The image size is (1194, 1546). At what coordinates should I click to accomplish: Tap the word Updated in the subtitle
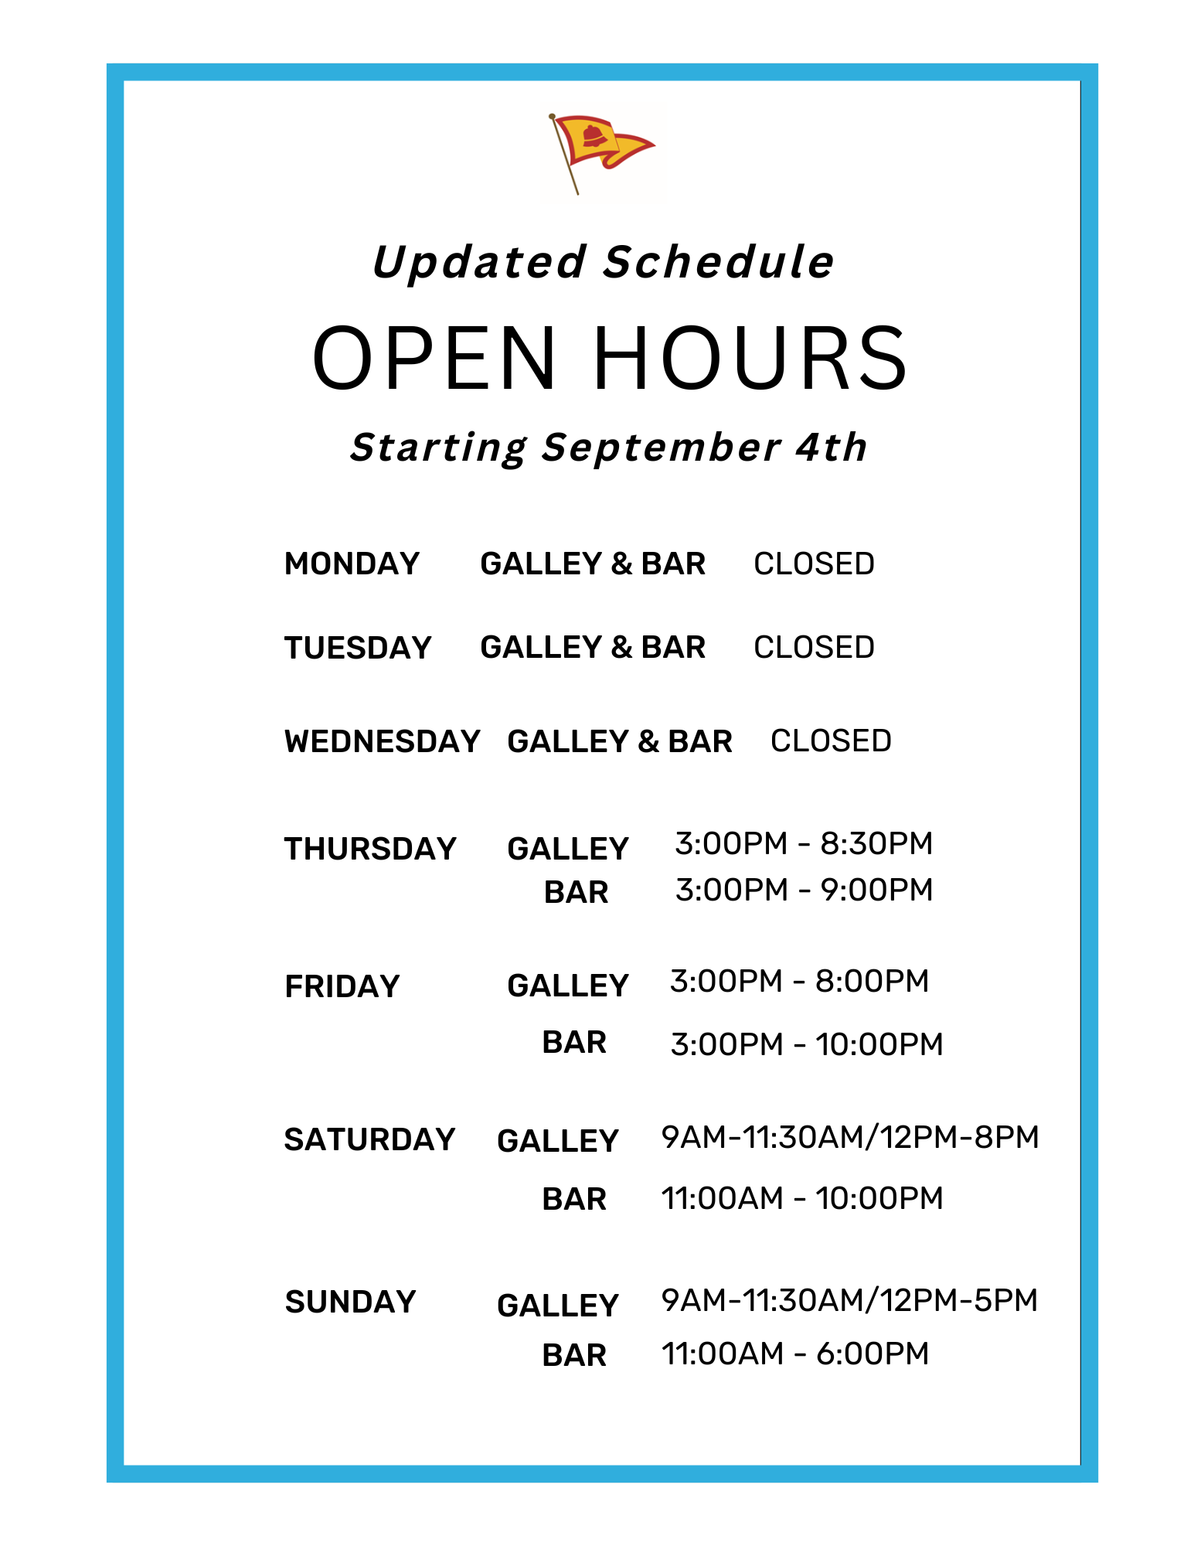pos(479,262)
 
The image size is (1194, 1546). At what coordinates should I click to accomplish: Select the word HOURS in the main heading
pos(750,358)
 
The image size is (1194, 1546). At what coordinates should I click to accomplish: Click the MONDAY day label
pos(352,564)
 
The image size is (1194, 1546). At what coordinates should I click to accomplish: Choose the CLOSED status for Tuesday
pos(814,647)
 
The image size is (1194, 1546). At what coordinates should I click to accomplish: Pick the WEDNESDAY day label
pos(383,741)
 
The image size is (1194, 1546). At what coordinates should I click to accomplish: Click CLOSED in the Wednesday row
pos(831,741)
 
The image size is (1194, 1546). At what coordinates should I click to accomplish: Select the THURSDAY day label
pos(370,849)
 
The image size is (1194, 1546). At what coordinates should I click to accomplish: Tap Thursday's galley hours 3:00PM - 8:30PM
pos(804,843)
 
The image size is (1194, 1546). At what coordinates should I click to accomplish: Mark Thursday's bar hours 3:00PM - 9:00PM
pos(804,890)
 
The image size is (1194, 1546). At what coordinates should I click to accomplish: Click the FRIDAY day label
pos(342,986)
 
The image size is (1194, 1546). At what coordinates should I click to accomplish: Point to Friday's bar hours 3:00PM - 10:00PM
pos(807,1044)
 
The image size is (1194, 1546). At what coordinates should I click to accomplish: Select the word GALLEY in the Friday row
pos(568,986)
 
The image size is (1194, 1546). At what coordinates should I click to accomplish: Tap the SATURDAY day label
pos(369,1139)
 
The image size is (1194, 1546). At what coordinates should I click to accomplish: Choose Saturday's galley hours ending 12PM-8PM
pos(850,1137)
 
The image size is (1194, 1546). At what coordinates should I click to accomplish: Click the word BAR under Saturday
pos(574,1199)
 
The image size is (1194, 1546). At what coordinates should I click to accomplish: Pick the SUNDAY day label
pos(350,1302)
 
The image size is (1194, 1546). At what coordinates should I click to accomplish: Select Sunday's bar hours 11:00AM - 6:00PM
pos(795,1354)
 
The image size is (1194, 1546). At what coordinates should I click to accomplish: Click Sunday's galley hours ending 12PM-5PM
pos(849,1300)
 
